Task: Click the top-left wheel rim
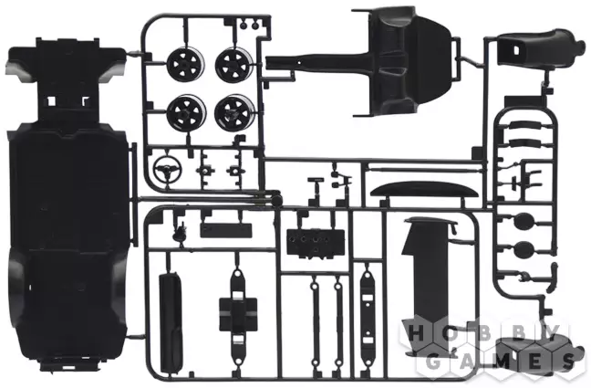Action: coord(186,65)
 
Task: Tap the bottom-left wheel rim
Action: coord(186,111)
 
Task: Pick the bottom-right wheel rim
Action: coord(234,111)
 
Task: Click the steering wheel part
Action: coord(167,169)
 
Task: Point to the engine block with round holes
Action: coord(316,243)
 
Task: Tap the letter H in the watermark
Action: coord(417,333)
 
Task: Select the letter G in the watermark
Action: coord(434,362)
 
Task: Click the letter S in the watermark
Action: coord(567,362)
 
